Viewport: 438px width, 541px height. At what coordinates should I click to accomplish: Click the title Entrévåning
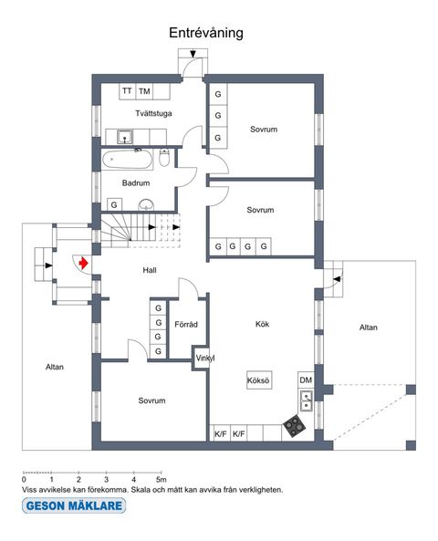[204, 33]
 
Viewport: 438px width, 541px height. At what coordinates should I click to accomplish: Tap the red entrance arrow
[83, 264]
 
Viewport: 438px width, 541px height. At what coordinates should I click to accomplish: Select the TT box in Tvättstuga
[127, 91]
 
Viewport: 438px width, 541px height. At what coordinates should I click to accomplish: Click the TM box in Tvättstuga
[145, 91]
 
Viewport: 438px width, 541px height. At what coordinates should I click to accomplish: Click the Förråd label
[186, 325]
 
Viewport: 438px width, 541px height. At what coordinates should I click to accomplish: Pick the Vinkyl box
[204, 359]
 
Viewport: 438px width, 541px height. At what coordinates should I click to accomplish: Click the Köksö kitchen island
[259, 381]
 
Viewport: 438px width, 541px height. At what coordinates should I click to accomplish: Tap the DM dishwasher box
[306, 380]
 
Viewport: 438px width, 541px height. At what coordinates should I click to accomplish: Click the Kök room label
[262, 324]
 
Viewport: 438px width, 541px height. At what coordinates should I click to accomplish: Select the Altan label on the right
[368, 328]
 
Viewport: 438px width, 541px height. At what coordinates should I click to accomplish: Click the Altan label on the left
[55, 368]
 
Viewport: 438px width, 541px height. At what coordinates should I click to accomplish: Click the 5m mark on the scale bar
[161, 478]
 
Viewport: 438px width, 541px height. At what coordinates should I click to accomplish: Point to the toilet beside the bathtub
[164, 160]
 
